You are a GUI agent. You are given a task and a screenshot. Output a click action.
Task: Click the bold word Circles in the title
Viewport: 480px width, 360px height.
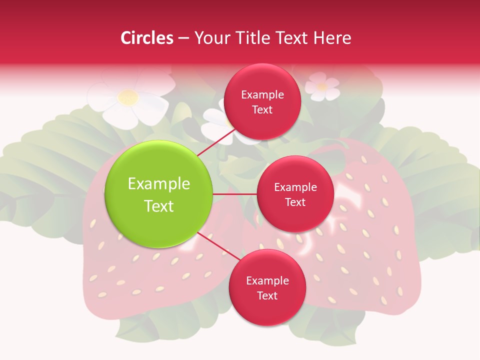(147, 38)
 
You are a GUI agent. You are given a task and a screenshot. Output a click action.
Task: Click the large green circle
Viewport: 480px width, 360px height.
(159, 194)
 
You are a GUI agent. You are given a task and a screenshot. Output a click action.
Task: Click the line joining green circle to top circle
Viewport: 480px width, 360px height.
(216, 141)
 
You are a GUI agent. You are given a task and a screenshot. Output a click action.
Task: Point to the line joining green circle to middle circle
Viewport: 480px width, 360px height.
(235, 194)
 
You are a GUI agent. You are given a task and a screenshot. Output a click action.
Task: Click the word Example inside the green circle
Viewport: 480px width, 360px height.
(159, 184)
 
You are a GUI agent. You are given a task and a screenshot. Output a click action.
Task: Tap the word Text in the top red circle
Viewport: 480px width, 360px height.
(262, 110)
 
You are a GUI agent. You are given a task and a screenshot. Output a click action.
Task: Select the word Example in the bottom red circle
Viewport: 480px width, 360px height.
(267, 281)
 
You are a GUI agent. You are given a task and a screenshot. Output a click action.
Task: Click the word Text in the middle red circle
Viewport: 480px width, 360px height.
(295, 202)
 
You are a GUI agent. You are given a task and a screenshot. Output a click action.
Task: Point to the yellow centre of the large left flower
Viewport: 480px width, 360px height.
(128, 97)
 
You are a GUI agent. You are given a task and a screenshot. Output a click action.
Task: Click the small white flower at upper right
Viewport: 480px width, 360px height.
(322, 86)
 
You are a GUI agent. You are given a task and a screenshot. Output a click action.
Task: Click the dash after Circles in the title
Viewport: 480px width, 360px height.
(183, 38)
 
